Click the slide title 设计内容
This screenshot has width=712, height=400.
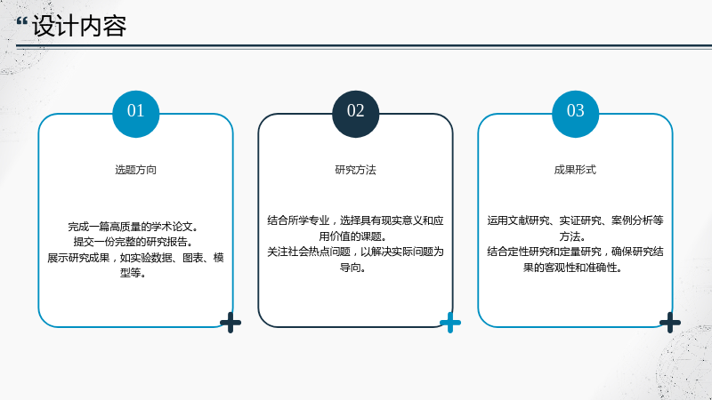(79, 26)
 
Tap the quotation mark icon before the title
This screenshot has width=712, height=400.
(21, 21)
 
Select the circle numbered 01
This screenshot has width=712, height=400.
(136, 114)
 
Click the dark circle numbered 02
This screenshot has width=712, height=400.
(355, 114)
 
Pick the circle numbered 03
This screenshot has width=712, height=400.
(575, 114)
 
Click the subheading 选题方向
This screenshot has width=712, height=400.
(136, 170)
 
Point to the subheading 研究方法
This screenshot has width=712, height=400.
(355, 170)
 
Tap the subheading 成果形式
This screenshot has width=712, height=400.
(575, 170)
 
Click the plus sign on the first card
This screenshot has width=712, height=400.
(231, 323)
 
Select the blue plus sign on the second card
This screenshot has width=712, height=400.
(450, 323)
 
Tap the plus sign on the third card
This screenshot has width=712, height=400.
(670, 323)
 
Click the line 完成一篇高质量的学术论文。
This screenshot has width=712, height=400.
(133, 227)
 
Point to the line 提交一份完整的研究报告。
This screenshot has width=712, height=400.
(133, 242)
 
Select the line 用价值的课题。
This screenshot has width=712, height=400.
(352, 236)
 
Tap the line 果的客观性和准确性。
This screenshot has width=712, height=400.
(572, 268)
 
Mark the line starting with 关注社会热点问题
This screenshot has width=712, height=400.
(355, 252)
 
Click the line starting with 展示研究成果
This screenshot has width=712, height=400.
(136, 258)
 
